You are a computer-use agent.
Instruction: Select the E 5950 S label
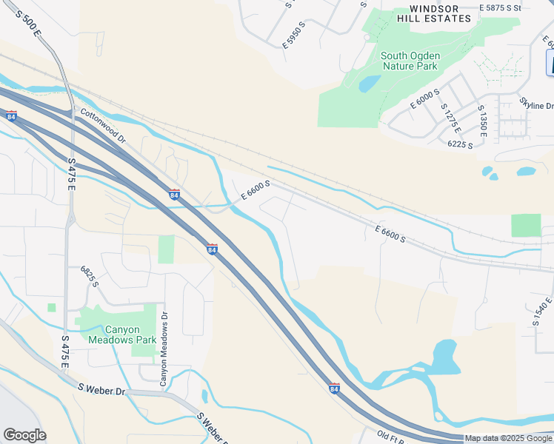293,35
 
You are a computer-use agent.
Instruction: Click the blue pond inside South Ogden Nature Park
369,84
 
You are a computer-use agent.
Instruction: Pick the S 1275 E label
450,118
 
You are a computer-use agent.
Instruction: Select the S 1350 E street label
481,121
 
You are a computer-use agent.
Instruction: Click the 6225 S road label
460,145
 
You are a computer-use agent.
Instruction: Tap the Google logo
24,435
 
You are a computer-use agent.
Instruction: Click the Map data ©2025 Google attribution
508,438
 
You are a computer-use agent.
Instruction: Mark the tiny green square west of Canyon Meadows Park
52,307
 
